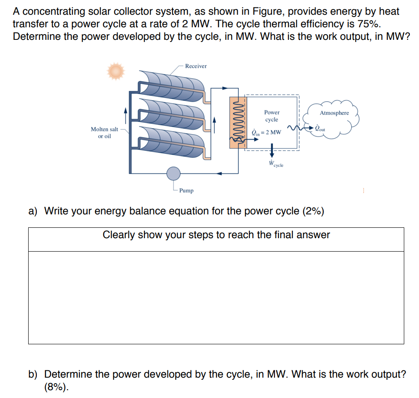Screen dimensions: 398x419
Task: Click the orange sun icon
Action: coord(116,71)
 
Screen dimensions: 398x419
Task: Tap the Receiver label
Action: coord(196,66)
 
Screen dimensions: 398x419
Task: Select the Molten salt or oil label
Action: coord(104,133)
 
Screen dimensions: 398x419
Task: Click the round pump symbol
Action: coord(173,173)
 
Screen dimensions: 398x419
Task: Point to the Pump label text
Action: coord(187,191)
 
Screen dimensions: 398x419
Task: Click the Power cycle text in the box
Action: coord(272,116)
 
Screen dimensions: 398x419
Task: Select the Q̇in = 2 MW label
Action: coord(266,132)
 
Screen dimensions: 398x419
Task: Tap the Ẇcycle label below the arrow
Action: coord(275,164)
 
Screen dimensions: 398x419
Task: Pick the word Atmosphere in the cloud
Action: coord(334,113)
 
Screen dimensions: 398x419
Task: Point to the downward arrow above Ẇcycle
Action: coord(272,150)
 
